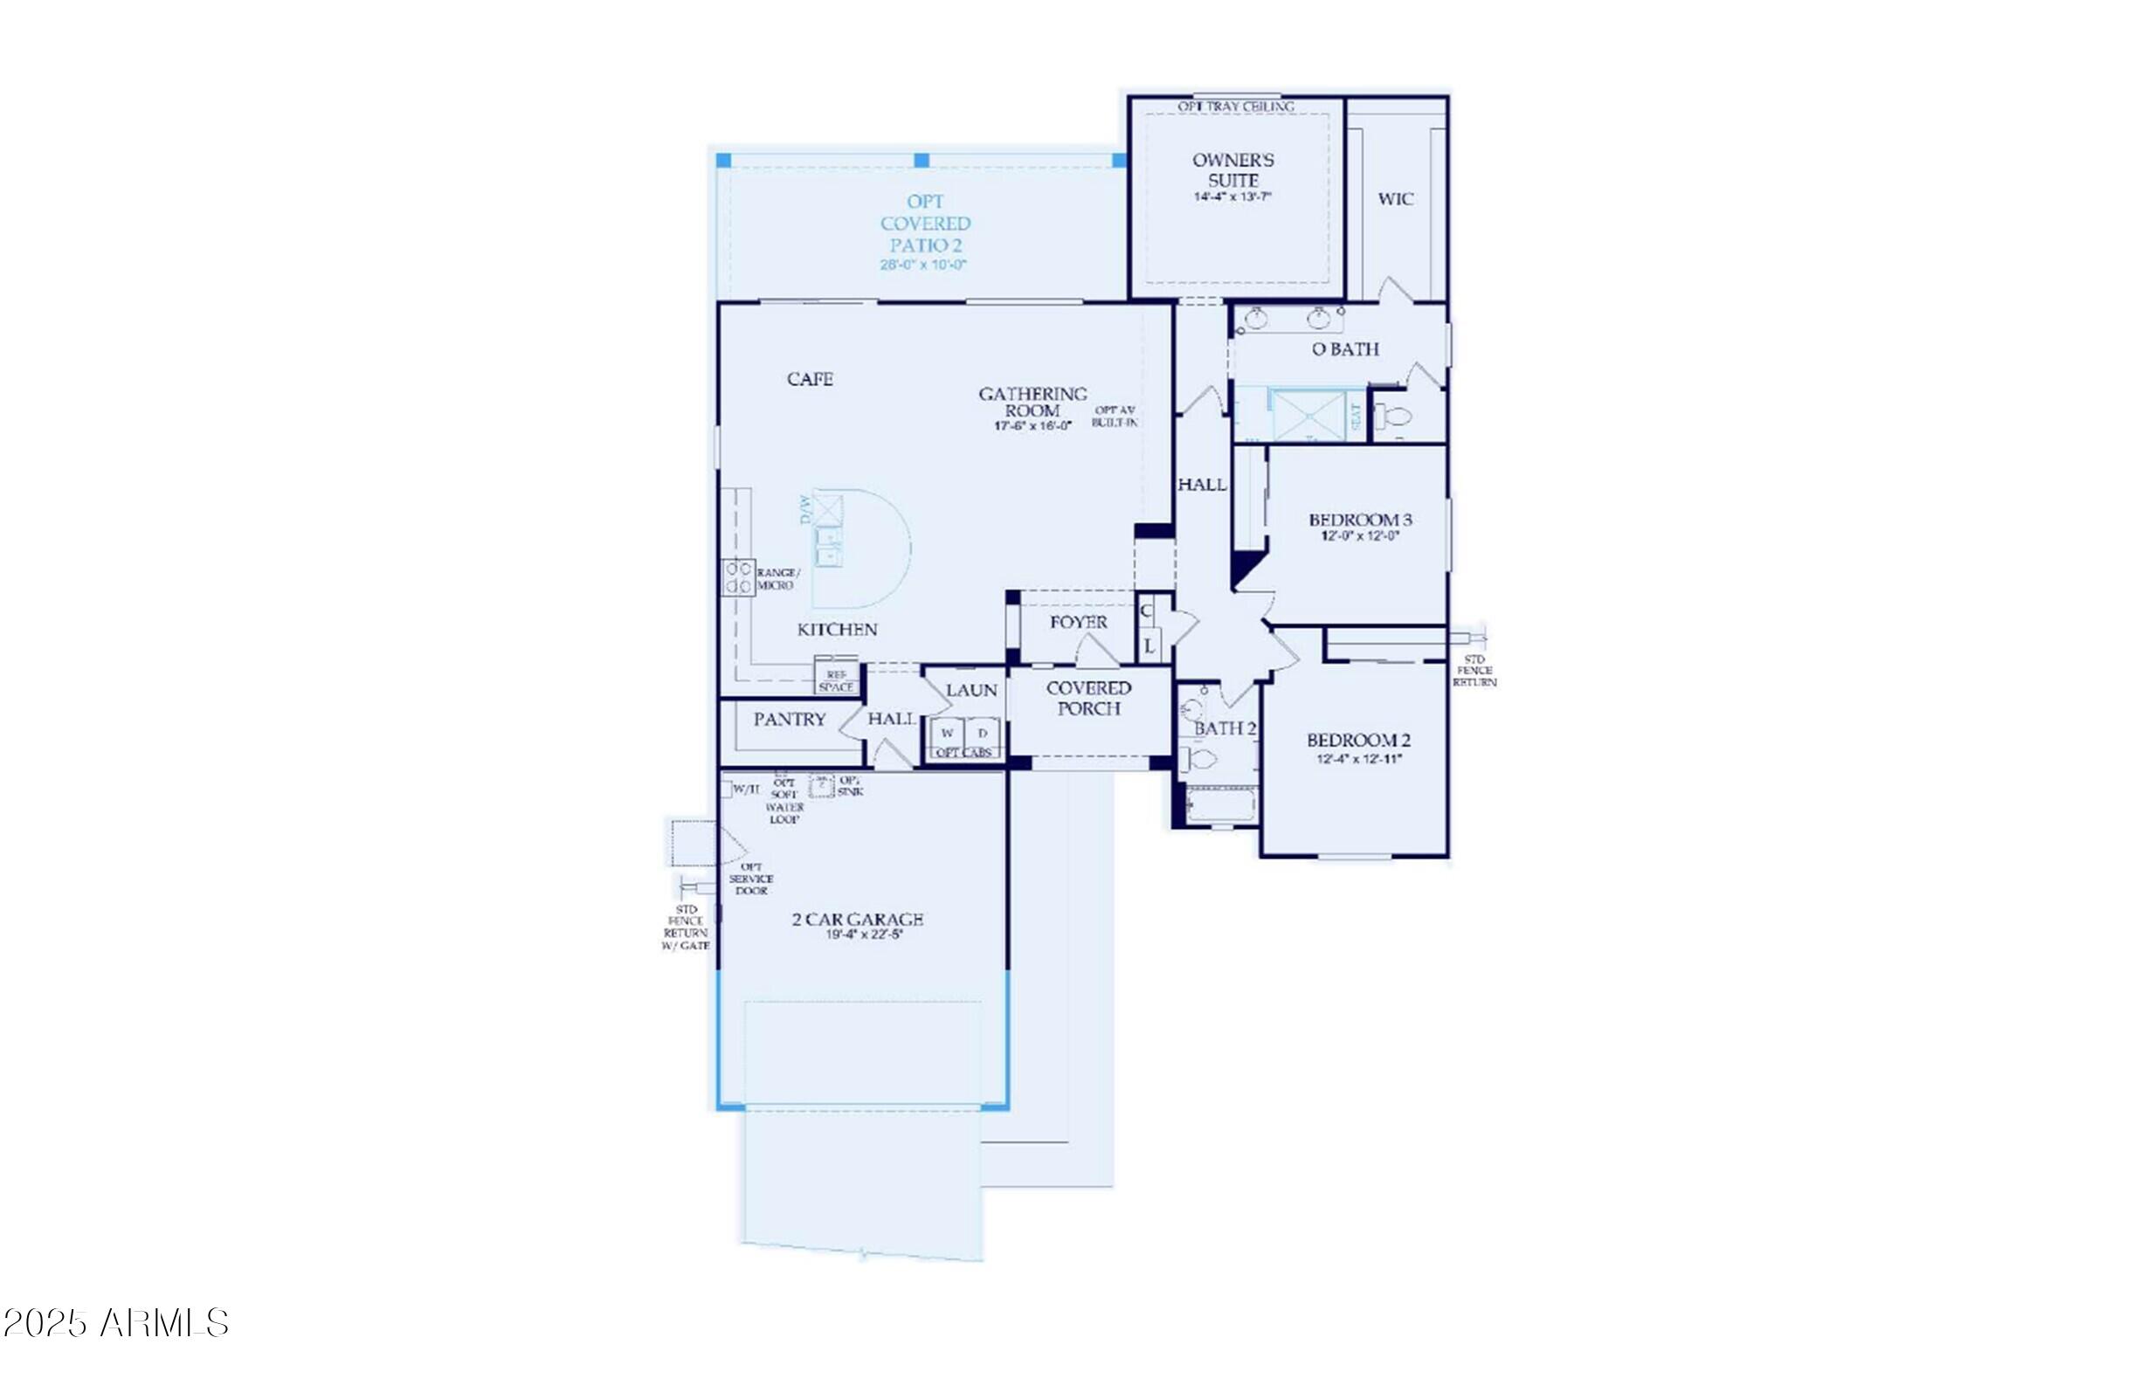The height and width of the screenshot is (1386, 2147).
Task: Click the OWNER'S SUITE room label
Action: (1232, 170)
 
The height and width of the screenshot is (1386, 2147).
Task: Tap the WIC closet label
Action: (1395, 200)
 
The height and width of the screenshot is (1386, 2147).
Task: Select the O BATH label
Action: (1345, 349)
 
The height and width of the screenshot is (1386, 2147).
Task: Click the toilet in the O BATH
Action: (1395, 417)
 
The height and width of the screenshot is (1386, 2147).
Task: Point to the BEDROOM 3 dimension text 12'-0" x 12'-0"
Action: (1359, 536)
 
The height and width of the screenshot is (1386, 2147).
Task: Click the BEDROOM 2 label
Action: (1357, 741)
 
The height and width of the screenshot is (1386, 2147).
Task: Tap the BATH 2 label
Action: (1225, 728)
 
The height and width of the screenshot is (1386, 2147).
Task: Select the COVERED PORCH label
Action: (1088, 699)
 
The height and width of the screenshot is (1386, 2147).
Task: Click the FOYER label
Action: (1078, 623)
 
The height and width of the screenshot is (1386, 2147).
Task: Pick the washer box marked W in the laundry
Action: (947, 734)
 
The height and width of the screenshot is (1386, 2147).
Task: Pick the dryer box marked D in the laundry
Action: (983, 734)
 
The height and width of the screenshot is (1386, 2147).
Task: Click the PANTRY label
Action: (789, 719)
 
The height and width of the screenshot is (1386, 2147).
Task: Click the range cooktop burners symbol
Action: (739, 577)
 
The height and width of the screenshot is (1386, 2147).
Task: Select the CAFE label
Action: (810, 380)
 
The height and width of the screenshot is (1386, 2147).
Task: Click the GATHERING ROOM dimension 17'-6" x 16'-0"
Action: (1032, 426)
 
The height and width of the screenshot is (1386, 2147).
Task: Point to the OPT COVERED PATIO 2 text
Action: (924, 224)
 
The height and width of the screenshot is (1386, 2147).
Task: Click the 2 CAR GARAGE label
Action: (857, 920)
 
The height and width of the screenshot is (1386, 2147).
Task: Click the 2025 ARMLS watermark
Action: (116, 1323)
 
